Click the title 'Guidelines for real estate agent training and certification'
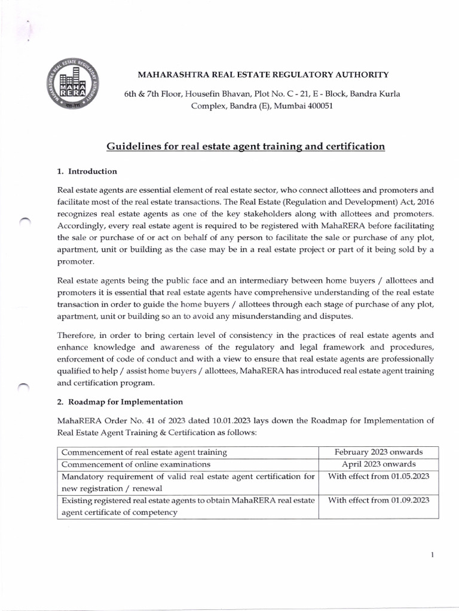(x=245, y=146)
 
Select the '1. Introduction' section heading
(x=87, y=171)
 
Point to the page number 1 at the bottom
(x=432, y=555)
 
